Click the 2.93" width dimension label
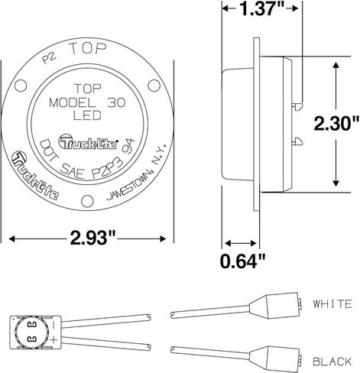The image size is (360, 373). click(92, 238)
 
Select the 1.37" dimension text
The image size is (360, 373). click(262, 9)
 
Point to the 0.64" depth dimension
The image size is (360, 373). click(243, 261)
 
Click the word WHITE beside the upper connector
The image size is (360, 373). click(332, 303)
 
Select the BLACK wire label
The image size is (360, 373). click(332, 362)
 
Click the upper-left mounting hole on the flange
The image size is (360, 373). click(21, 86)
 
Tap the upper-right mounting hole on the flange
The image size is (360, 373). click(154, 86)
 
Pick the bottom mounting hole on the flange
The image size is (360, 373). click(87, 201)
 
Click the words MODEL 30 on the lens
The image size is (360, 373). click(87, 103)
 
